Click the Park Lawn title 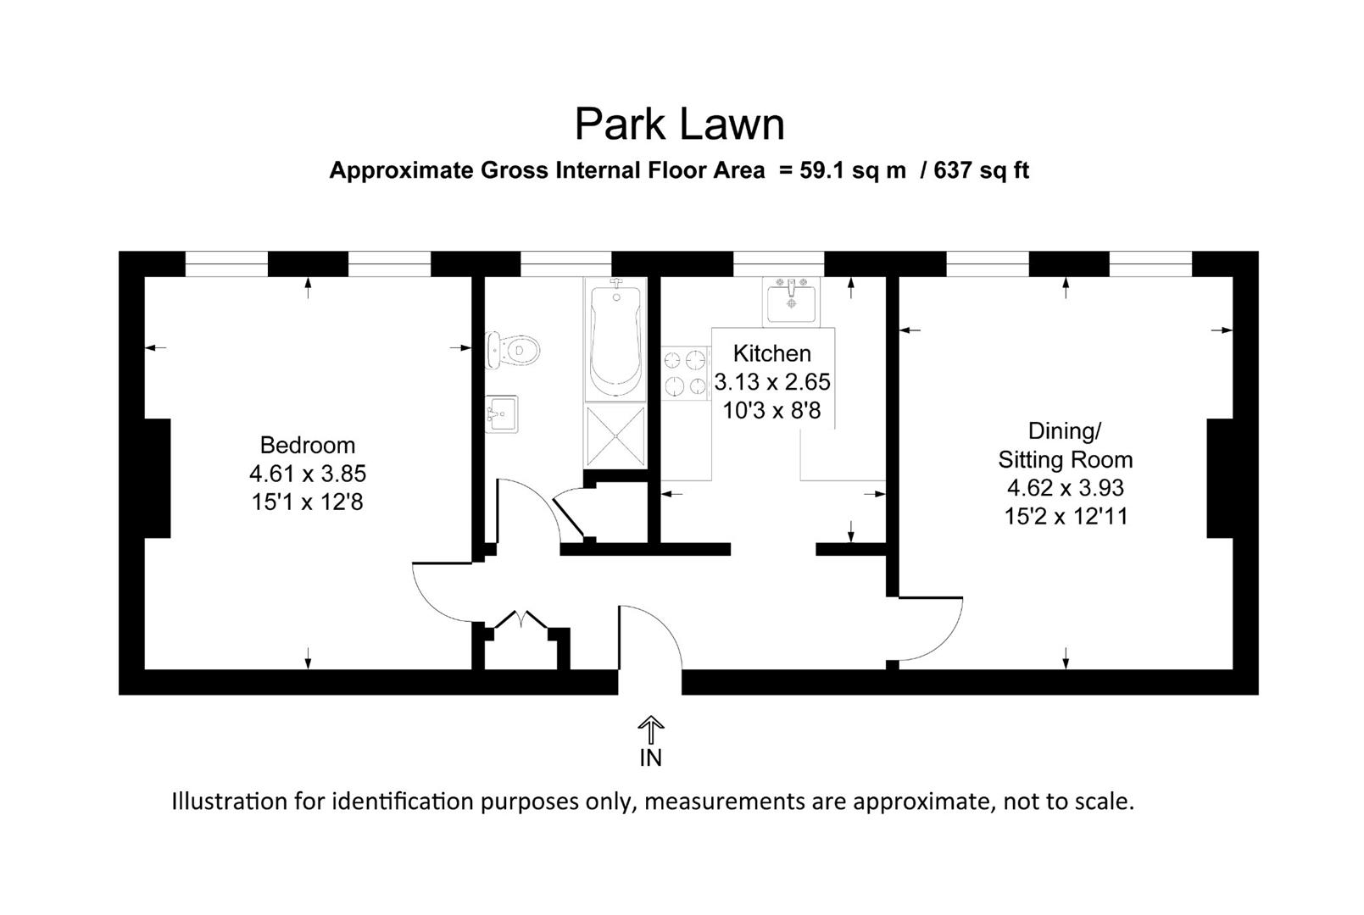[680, 125]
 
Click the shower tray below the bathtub [615, 435]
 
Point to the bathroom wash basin [502, 414]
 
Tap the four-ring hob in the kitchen [685, 374]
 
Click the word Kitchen [771, 353]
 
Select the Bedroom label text [307, 446]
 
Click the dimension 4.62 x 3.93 [1065, 488]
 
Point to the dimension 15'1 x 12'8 [307, 502]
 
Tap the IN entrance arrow [650, 729]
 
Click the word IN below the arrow [650, 758]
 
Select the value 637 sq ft [981, 170]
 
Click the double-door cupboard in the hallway [521, 644]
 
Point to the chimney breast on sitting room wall [1219, 479]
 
